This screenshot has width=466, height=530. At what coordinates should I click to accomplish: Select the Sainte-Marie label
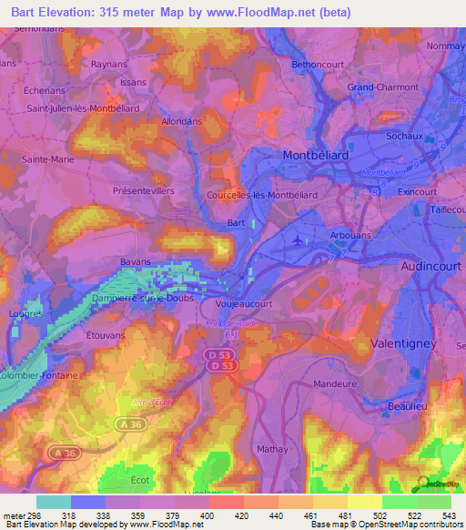coord(47,158)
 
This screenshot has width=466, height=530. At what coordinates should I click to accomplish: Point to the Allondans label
coord(182,120)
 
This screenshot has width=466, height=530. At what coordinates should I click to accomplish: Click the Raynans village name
coord(110,64)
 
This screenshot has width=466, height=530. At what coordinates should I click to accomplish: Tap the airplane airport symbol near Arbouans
coord(300,240)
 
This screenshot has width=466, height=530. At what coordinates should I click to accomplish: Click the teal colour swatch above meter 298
coord(54,501)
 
